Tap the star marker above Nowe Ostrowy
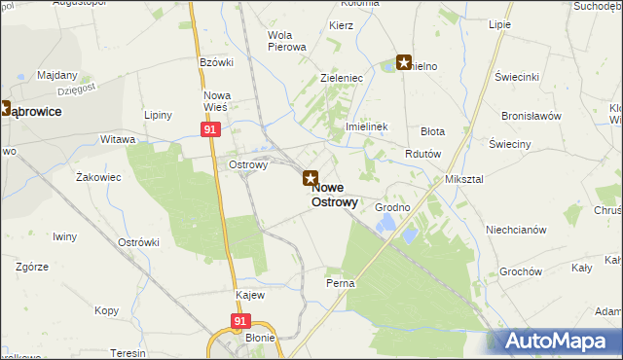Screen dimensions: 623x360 pyautogui.click(x=310, y=179)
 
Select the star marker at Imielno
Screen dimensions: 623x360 pyautogui.click(x=403, y=64)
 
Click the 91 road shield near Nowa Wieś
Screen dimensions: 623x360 pyautogui.click(x=211, y=128)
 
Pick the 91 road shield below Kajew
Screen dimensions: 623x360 pyautogui.click(x=239, y=320)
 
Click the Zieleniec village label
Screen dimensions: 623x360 pyautogui.click(x=342, y=76)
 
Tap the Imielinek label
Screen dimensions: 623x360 pyautogui.click(x=367, y=127)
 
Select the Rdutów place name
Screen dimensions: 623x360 pyautogui.click(x=423, y=154)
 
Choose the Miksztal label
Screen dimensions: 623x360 pyautogui.click(x=464, y=180)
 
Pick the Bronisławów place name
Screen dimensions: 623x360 pyautogui.click(x=531, y=115)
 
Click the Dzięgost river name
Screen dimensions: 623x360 pyautogui.click(x=76, y=90)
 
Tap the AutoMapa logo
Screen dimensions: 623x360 pyautogui.click(x=558, y=341)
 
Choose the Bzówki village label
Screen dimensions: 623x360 pyautogui.click(x=217, y=62)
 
